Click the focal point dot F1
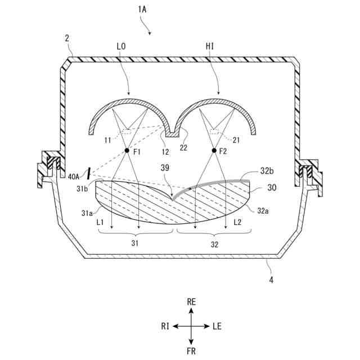click(127, 151)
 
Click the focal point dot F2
click(214, 151)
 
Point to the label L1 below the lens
click(101, 223)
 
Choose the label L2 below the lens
click(238, 223)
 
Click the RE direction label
click(191, 302)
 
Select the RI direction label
click(165, 326)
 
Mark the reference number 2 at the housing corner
click(67, 38)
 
